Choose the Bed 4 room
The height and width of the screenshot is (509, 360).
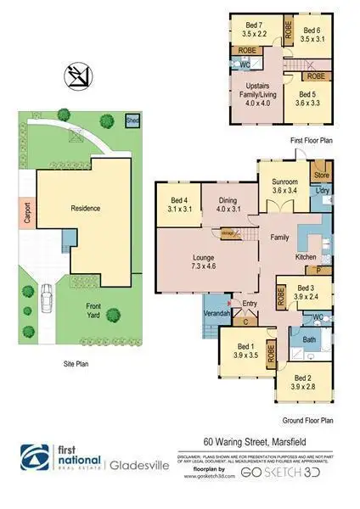pyautogui.click(x=178, y=204)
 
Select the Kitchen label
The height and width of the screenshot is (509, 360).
pyautogui.click(x=306, y=256)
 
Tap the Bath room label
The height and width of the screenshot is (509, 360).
pyautogui.click(x=310, y=340)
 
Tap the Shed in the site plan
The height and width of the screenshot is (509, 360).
pyautogui.click(x=132, y=120)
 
